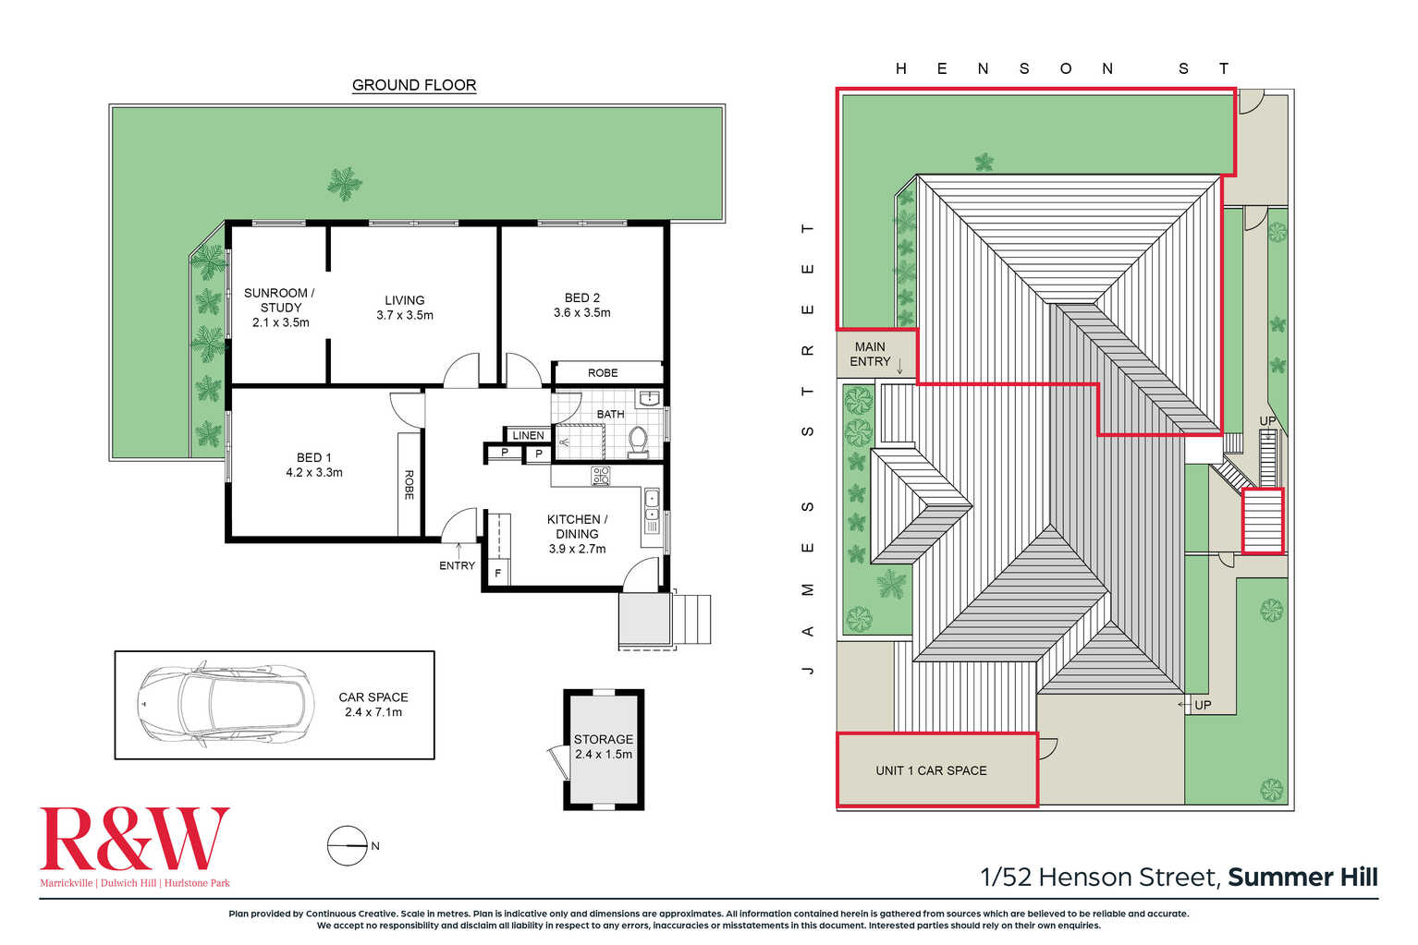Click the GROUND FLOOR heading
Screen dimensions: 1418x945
(x=414, y=85)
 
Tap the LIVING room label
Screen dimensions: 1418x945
(x=405, y=300)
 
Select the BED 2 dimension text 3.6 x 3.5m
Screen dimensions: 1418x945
(x=581, y=312)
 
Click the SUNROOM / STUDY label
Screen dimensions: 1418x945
(x=279, y=300)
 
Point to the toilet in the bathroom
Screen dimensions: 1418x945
(x=638, y=441)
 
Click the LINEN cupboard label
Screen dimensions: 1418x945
(x=528, y=435)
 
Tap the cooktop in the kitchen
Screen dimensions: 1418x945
(x=601, y=476)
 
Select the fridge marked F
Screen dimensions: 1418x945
(x=498, y=573)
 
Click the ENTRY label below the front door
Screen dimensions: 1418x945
(x=457, y=565)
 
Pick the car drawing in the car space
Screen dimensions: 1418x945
(x=226, y=704)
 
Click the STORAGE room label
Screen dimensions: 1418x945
(x=604, y=739)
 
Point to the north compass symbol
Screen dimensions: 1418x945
(x=348, y=845)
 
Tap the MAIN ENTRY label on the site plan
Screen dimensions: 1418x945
(x=870, y=354)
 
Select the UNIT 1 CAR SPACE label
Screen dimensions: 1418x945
(x=931, y=770)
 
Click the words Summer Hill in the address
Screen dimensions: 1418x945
(x=1302, y=878)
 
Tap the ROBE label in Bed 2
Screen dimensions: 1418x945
(x=603, y=373)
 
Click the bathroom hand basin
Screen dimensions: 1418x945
(x=648, y=398)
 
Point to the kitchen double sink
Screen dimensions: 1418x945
(x=652, y=511)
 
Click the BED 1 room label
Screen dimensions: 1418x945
(x=314, y=457)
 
